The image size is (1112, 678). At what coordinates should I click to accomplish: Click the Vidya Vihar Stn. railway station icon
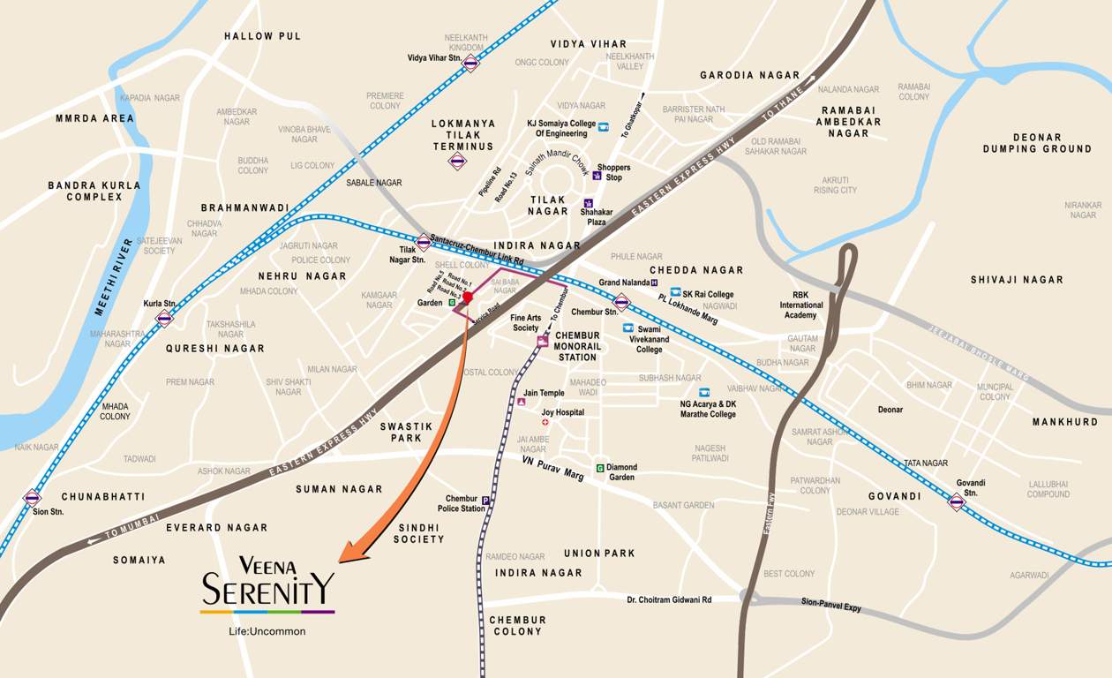[x=470, y=63]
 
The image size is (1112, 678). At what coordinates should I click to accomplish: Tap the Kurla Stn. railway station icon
[x=164, y=318]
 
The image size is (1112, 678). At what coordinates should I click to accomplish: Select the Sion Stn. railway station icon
[x=33, y=498]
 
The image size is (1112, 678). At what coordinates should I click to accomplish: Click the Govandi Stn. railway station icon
[x=956, y=501]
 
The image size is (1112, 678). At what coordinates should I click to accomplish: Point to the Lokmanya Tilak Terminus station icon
[x=457, y=161]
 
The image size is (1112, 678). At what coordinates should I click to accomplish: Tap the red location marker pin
[x=468, y=298]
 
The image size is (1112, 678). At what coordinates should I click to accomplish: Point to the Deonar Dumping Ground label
[x=1037, y=143]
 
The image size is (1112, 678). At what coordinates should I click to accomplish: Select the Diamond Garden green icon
[x=600, y=468]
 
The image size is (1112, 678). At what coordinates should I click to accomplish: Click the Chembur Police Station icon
[x=485, y=501]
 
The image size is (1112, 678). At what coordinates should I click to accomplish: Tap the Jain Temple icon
[x=521, y=402]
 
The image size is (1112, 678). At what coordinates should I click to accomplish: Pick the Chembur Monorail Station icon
[x=542, y=341]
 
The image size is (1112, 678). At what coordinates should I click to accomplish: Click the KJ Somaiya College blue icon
[x=604, y=127]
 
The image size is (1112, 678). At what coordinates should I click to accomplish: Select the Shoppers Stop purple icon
[x=597, y=175]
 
